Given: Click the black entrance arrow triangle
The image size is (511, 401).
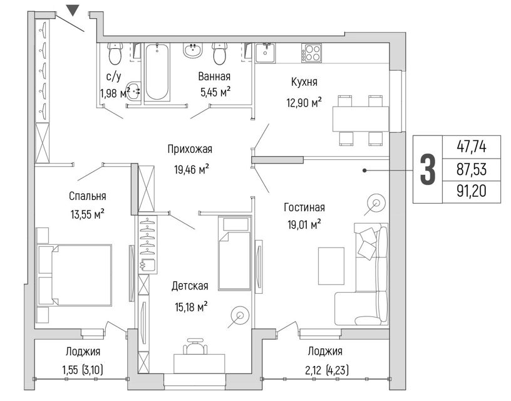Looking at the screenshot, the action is coord(73,9).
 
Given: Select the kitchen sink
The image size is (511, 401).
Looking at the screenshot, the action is coord(265,53).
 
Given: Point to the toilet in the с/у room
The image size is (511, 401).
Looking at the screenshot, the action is coord(115,54).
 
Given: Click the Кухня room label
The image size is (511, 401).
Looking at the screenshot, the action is coord(304,82).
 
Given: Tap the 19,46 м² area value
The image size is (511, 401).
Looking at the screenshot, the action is coord(192,170).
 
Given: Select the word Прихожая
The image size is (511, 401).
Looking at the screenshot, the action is coord(190,149).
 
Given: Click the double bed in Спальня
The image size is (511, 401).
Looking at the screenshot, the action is coord(75,276).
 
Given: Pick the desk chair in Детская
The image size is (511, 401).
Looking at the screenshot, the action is coord(195,346).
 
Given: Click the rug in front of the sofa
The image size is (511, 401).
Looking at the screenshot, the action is coord(331,266).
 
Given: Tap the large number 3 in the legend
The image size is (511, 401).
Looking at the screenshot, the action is coord(428,170).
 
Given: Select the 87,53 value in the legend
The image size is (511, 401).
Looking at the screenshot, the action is coord(472,170).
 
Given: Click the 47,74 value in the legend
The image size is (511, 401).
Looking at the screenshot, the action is coord(472,147).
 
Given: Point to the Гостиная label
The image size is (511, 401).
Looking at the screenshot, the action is coord(304,207).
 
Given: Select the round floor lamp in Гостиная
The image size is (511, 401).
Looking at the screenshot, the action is coord(376,204).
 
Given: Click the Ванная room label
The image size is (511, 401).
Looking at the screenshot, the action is coord(214,76).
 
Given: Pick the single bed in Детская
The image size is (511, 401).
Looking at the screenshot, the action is coord(235,253).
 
